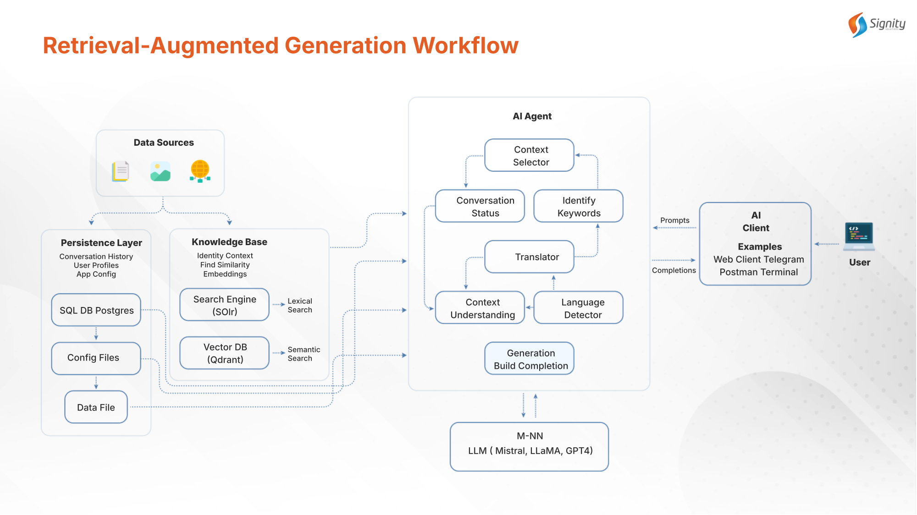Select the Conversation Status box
(x=480, y=206)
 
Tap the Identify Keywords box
(x=578, y=206)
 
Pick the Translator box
(x=529, y=257)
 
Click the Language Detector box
(x=578, y=308)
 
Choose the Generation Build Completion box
(x=529, y=359)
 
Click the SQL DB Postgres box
(x=96, y=310)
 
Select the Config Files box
(x=96, y=358)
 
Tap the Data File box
(x=96, y=407)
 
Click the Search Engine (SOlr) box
(x=224, y=305)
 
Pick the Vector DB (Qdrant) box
(x=224, y=353)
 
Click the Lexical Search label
(x=300, y=305)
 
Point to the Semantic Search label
(x=304, y=354)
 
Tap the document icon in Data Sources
(x=121, y=171)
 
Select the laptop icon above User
(x=859, y=236)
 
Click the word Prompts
(x=674, y=220)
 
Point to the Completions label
(x=674, y=270)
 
